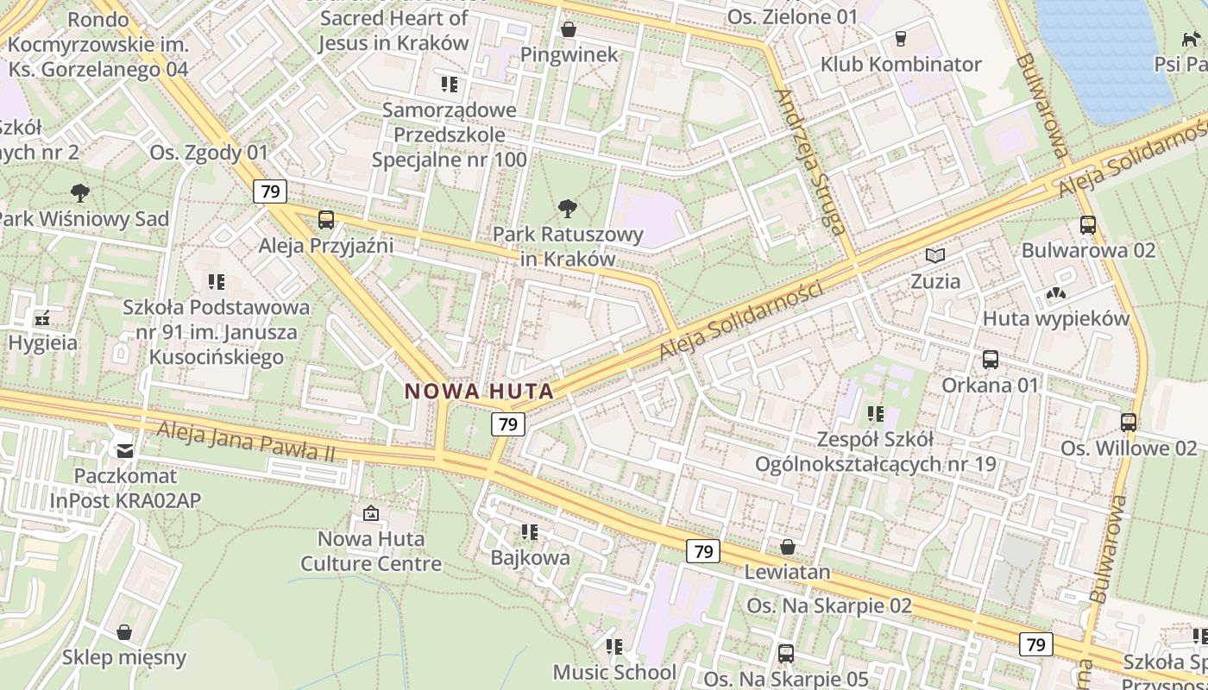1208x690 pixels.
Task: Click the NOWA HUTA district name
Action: pos(479,391)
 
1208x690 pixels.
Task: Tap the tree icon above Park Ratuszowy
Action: pos(568,208)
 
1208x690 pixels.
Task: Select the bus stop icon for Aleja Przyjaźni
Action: pos(325,220)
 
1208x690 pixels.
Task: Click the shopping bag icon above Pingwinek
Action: pos(569,30)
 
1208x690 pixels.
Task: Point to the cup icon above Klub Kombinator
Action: pos(901,39)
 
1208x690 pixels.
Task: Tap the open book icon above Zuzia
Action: pos(935,255)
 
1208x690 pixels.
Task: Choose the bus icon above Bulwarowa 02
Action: pos(1087,225)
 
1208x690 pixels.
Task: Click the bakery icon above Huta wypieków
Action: pos(1055,294)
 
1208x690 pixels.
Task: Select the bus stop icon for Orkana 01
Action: pos(990,360)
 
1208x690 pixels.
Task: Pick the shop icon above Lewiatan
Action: pos(787,547)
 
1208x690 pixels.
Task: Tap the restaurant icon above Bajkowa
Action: pos(530,532)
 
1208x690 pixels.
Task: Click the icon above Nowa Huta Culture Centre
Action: pos(371,514)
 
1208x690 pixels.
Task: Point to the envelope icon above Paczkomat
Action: pos(125,450)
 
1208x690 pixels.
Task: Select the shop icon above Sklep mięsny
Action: pos(124,632)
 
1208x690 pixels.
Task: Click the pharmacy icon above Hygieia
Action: pos(42,318)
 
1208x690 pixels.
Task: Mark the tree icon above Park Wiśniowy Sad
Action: pos(80,193)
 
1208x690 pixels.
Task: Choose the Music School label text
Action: pos(614,672)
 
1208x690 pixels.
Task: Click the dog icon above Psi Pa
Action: pos(1191,39)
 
